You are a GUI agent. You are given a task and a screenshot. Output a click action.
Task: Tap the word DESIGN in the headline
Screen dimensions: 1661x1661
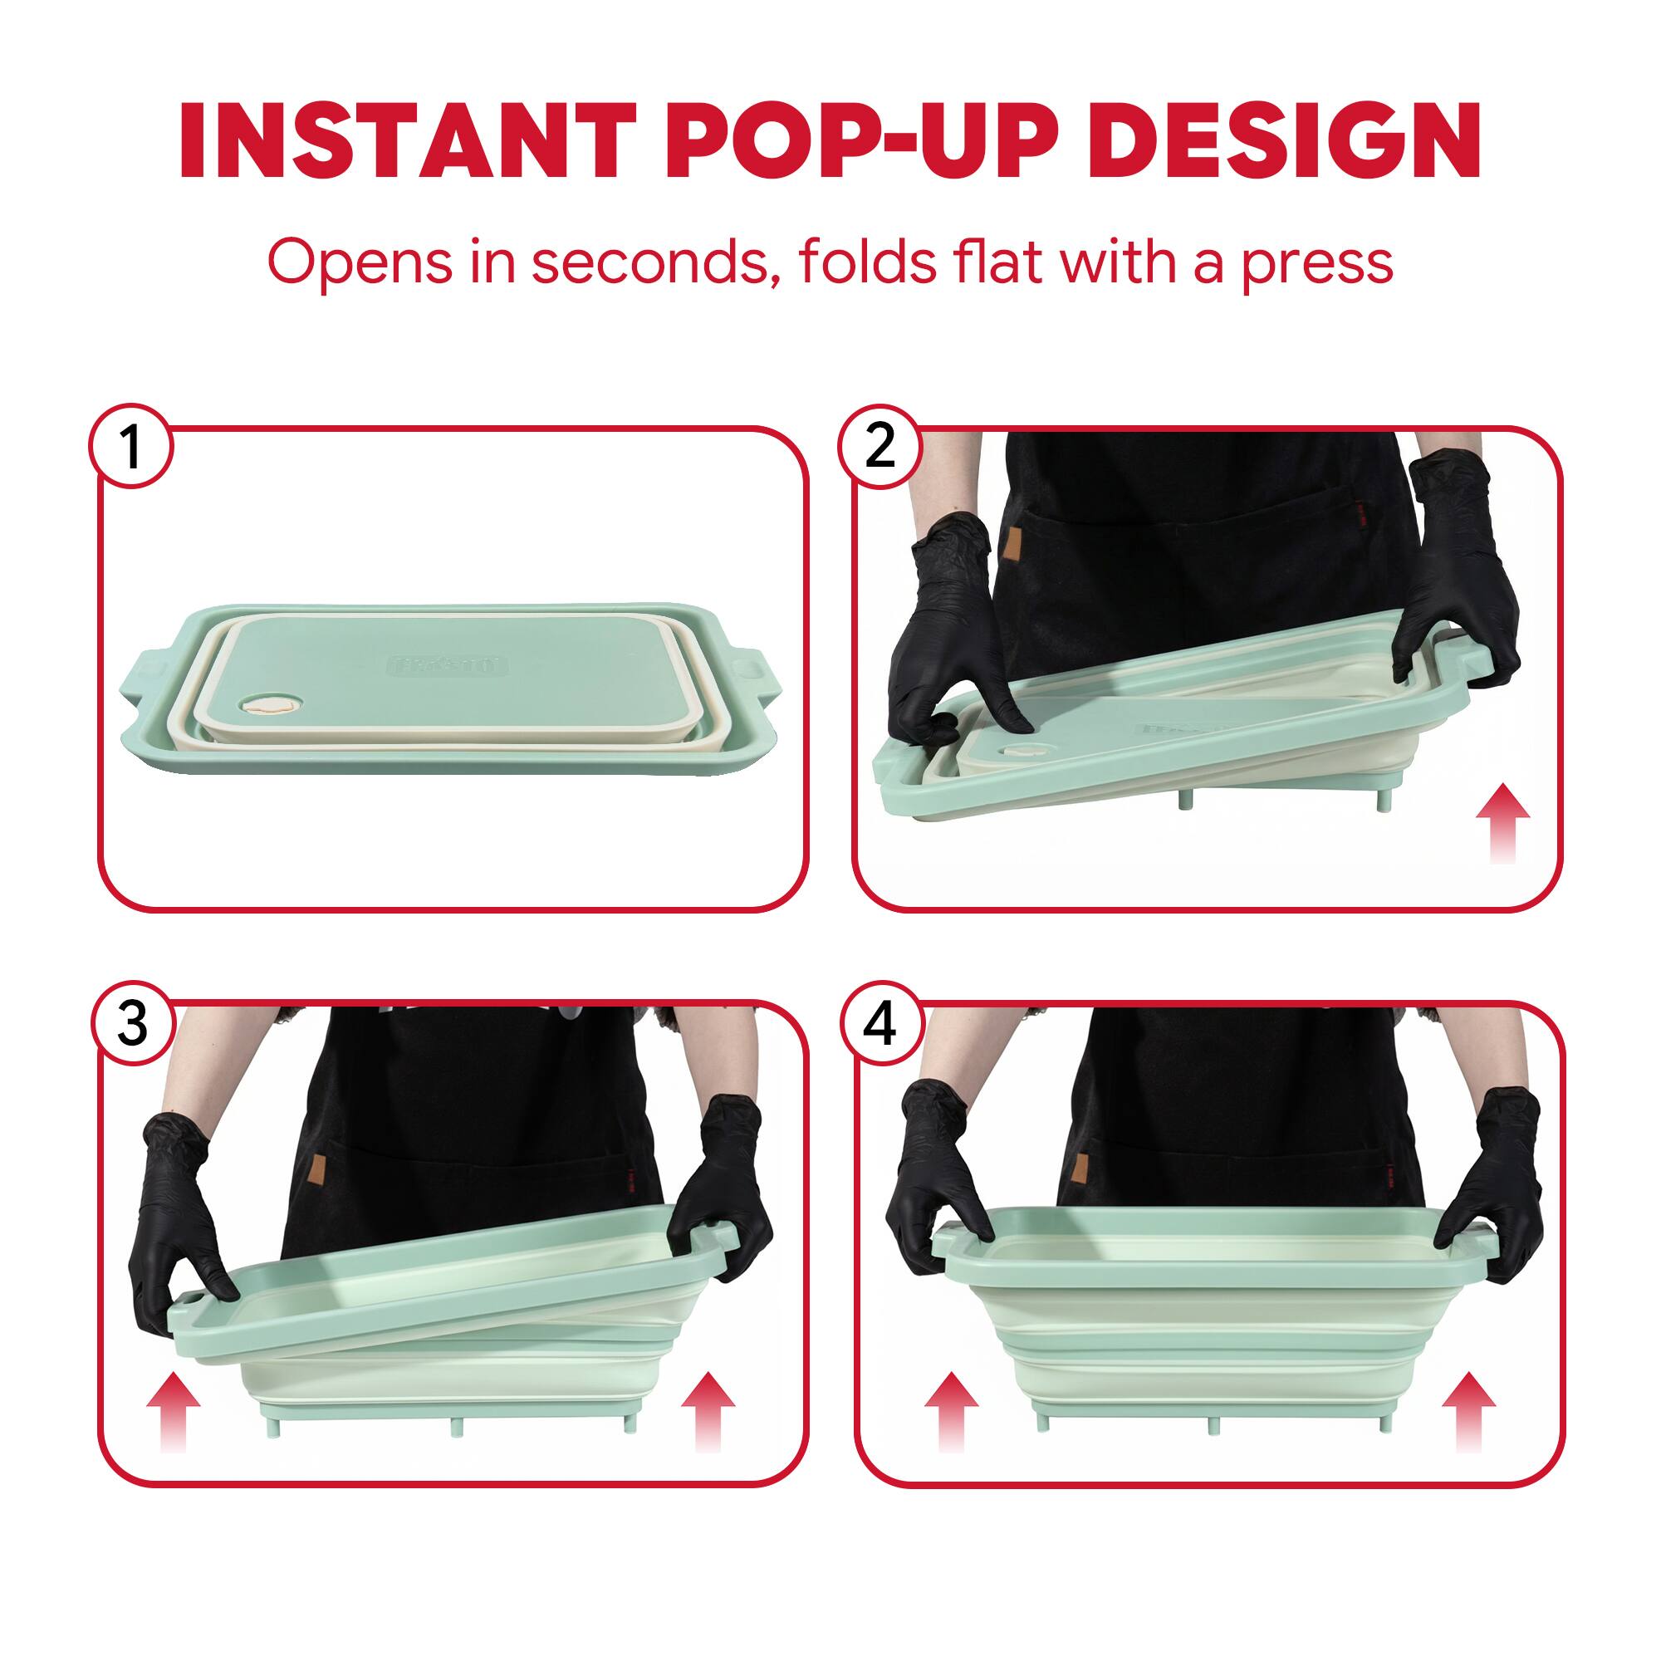point(1289,142)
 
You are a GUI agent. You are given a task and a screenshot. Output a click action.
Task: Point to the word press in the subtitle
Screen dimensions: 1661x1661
point(1316,262)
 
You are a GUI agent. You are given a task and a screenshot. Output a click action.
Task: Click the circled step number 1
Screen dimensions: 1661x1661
point(131,447)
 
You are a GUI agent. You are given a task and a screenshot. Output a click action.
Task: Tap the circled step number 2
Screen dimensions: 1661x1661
point(879,447)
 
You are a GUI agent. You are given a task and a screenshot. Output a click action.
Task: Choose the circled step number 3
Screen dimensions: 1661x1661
point(132,1024)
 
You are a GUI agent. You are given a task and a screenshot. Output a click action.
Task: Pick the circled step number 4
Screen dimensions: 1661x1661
point(880,1024)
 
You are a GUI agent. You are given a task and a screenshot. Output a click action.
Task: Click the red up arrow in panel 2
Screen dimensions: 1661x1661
point(1502,821)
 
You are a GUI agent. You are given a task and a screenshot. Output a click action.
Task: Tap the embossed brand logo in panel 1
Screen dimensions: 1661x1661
point(449,665)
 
